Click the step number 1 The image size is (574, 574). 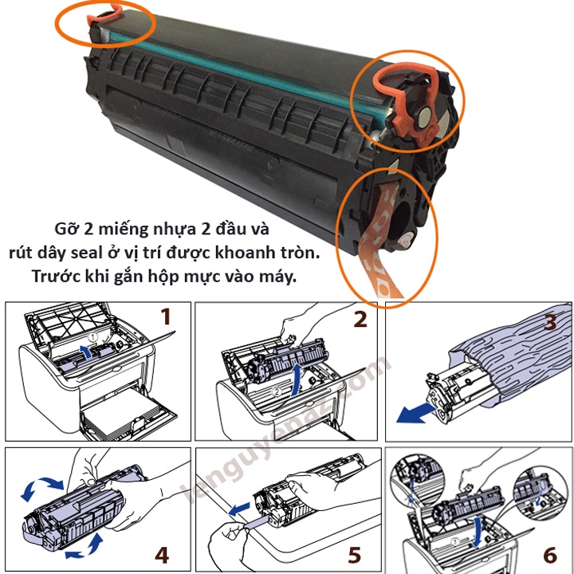[167, 316]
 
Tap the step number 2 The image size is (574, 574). [360, 319]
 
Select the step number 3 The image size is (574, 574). [550, 321]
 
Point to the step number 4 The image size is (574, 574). [162, 555]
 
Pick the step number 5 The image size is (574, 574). [354, 555]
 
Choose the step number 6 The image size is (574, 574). [550, 555]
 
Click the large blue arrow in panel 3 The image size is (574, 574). [415, 414]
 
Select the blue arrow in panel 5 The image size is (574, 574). [239, 509]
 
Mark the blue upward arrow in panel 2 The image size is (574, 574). [297, 379]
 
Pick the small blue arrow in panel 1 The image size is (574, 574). [87, 352]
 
